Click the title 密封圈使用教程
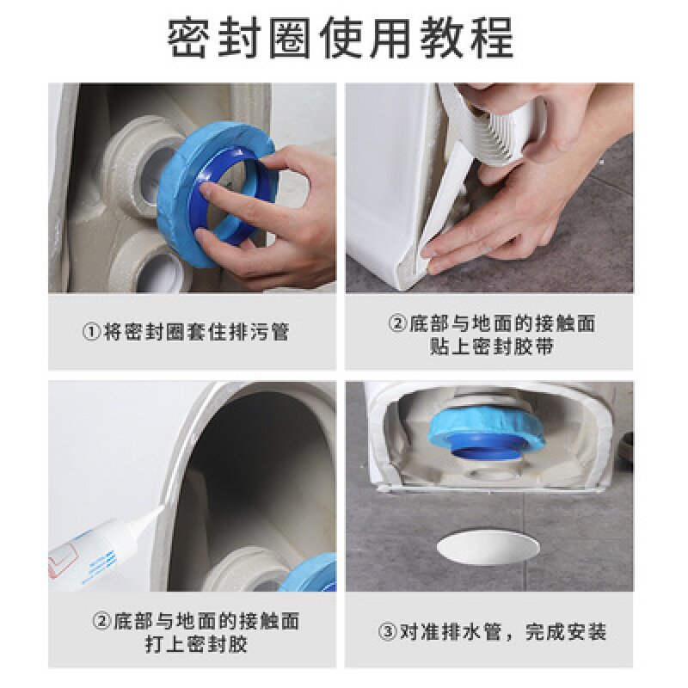click(341, 38)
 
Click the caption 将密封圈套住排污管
click(197, 332)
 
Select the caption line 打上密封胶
click(196, 643)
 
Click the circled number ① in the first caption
click(92, 332)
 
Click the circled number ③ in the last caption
click(388, 633)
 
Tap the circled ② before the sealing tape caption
click(398, 324)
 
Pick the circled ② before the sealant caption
click(102, 621)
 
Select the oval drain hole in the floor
click(488, 546)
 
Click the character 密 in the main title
click(187, 38)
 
